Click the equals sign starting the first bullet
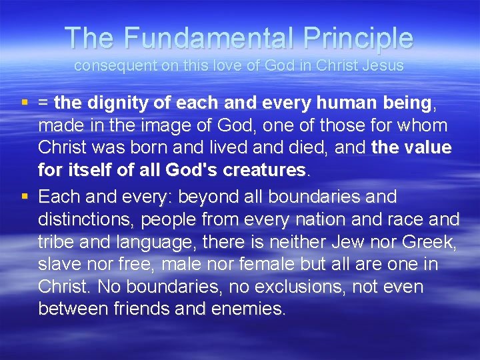43,103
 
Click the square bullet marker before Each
24,197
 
